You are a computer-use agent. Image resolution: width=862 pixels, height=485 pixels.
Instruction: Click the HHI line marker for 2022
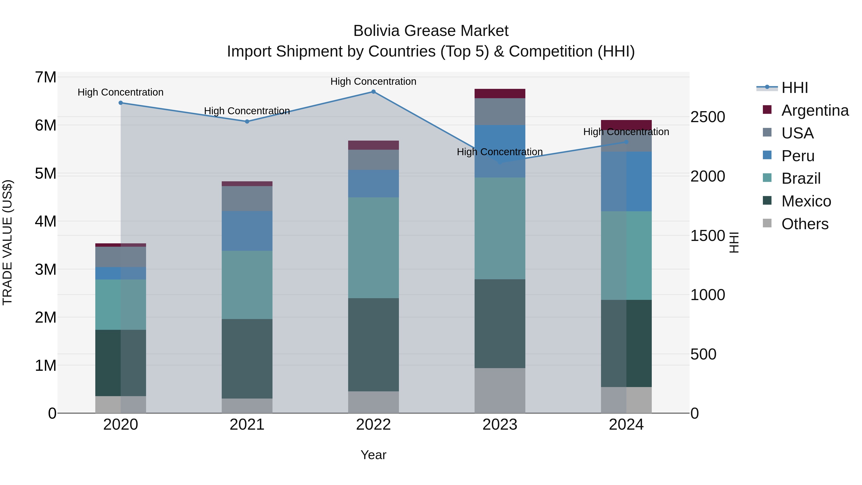(x=374, y=92)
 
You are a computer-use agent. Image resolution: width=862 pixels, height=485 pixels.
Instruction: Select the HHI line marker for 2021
(x=247, y=121)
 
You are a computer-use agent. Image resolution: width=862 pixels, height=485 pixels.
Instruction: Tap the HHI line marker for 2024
(x=626, y=142)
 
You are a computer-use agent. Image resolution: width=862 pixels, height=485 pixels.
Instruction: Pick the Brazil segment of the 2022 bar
(x=374, y=248)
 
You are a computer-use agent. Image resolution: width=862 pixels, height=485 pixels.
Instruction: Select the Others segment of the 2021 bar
(x=247, y=406)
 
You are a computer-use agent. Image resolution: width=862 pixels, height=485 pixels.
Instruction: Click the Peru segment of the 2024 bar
(x=626, y=181)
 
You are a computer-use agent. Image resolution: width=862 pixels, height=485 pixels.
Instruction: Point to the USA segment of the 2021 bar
(x=247, y=199)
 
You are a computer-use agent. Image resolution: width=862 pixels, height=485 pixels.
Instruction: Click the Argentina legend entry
(x=815, y=110)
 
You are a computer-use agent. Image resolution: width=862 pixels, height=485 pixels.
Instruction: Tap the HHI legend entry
(x=794, y=88)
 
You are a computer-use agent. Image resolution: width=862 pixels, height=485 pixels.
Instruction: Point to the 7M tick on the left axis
(x=46, y=77)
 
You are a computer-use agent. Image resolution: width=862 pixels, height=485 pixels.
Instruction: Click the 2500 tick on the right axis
(x=707, y=117)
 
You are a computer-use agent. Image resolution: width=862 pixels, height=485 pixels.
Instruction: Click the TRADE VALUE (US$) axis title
(x=7, y=242)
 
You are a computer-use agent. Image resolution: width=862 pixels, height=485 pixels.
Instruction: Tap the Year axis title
(x=374, y=455)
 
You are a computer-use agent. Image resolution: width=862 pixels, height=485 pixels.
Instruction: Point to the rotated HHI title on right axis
(x=733, y=242)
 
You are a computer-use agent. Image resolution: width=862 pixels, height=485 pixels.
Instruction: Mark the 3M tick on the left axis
(x=46, y=269)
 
